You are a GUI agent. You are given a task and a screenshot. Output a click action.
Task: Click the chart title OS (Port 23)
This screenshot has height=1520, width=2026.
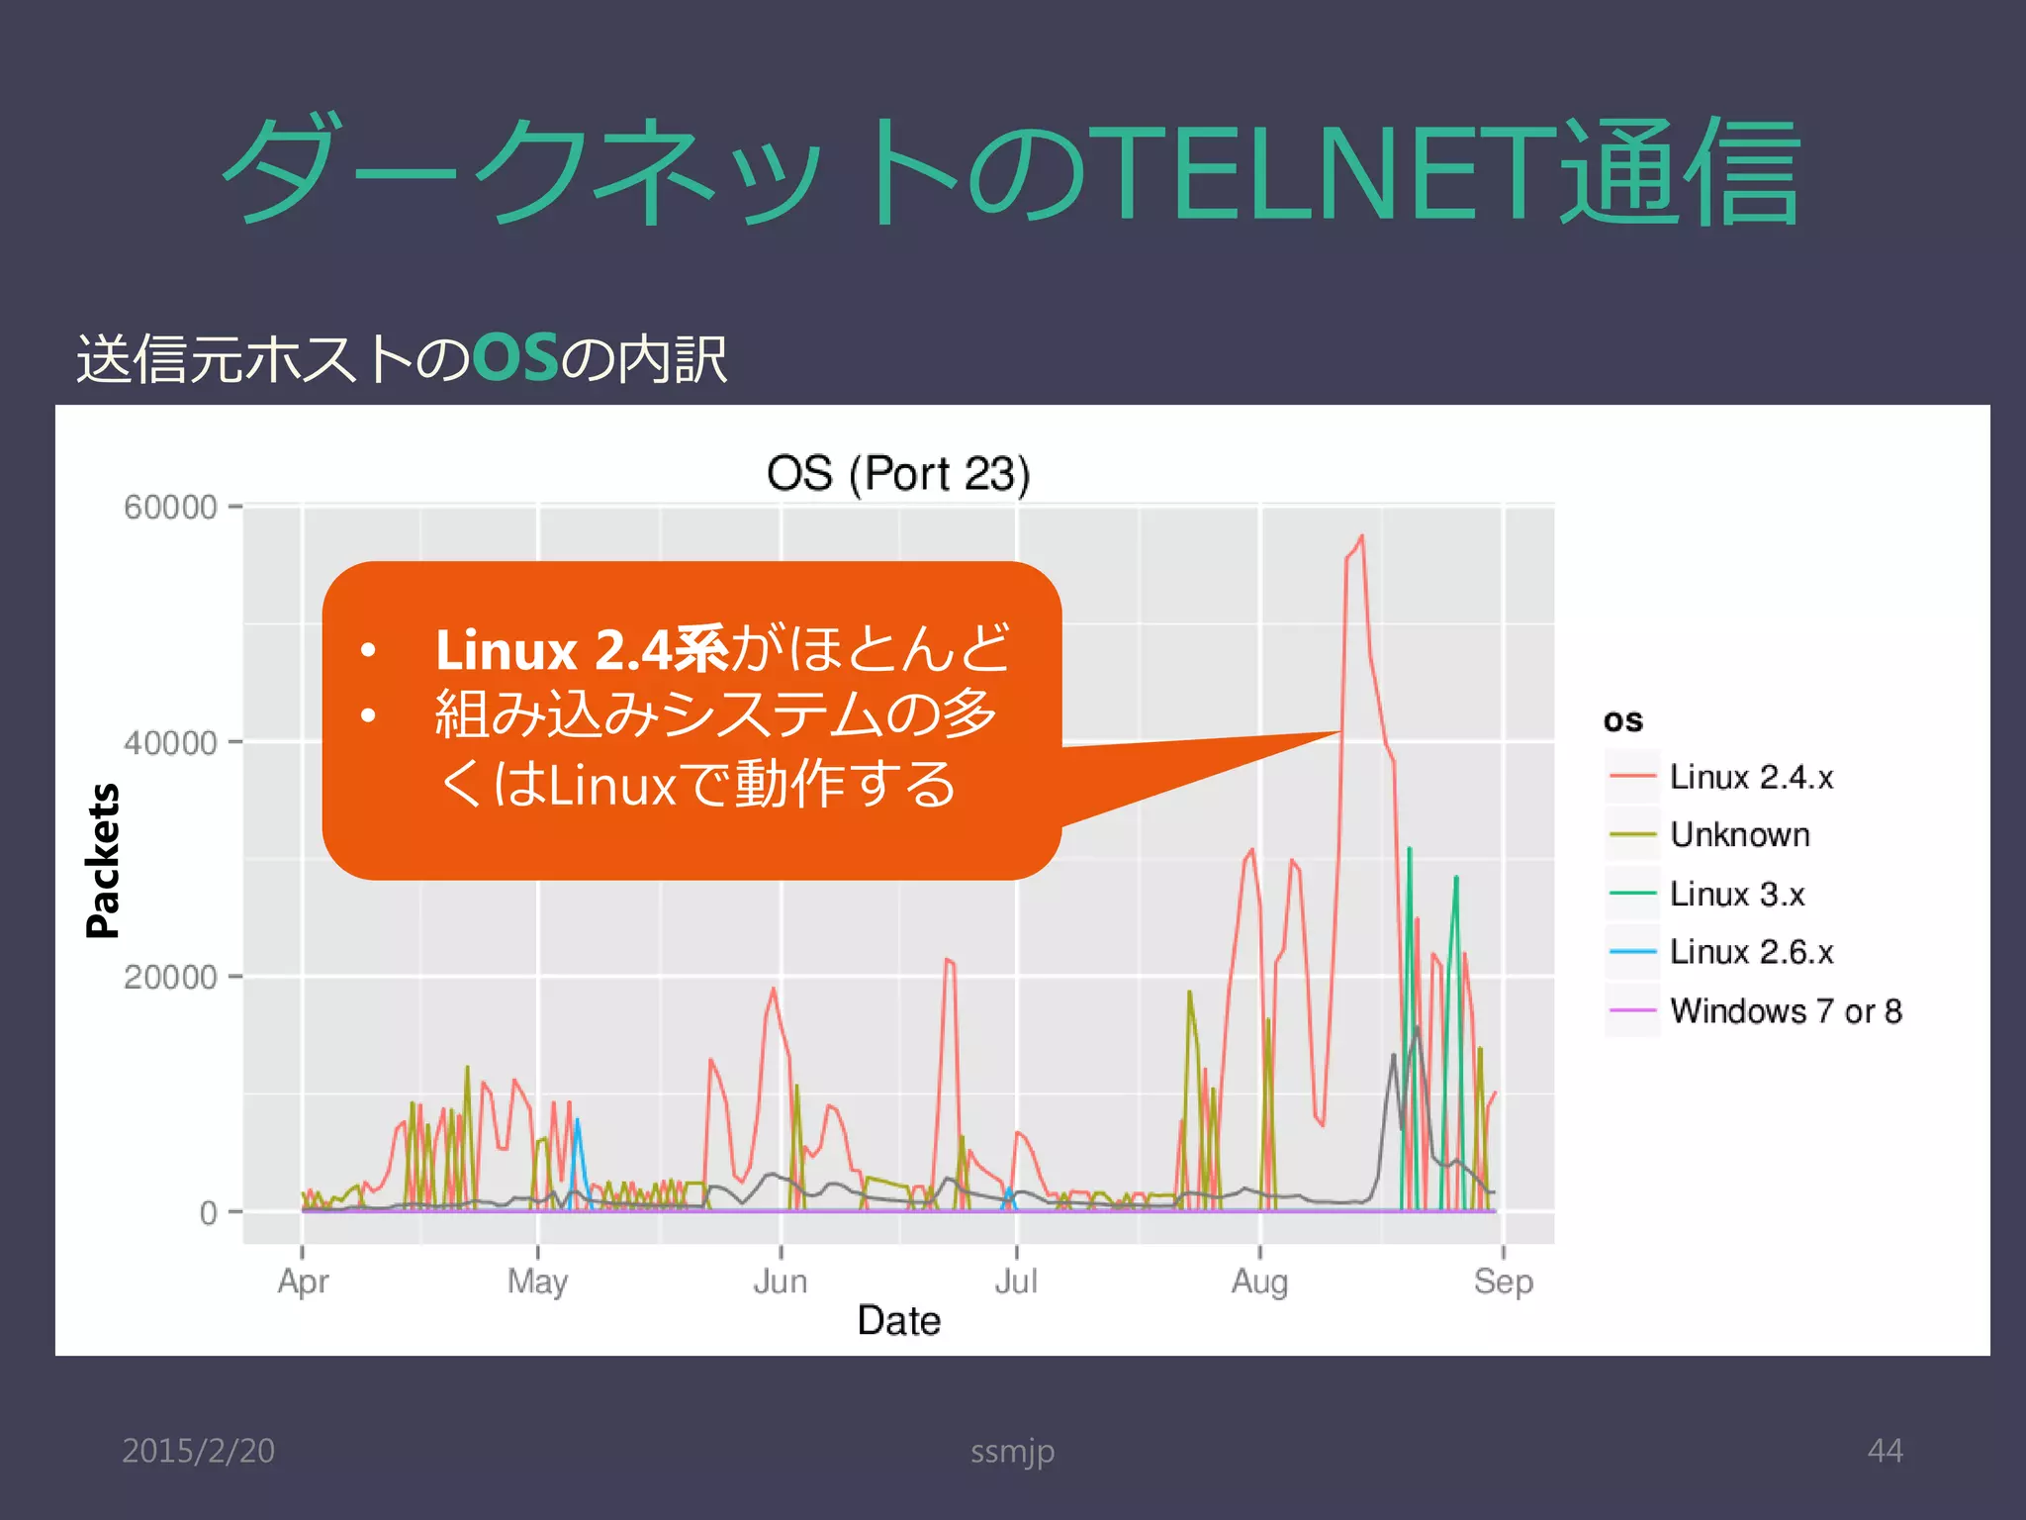(x=898, y=474)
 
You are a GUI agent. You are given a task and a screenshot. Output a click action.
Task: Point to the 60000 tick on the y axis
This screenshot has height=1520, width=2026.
(x=170, y=507)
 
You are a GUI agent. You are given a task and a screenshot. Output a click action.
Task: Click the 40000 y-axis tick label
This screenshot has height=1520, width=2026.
(x=170, y=742)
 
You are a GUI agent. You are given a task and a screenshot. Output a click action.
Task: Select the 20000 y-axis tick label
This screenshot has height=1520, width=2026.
(x=170, y=977)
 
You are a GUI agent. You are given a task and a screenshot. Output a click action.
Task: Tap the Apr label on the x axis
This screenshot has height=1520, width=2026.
(x=303, y=1282)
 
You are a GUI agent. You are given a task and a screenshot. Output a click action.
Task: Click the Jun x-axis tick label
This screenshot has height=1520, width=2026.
(x=781, y=1282)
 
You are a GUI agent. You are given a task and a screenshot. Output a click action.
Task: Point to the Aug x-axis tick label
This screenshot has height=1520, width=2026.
(x=1259, y=1282)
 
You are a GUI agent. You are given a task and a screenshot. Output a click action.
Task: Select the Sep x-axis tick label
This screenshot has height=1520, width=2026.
(x=1503, y=1282)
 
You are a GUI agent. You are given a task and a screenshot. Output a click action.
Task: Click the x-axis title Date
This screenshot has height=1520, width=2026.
(x=898, y=1321)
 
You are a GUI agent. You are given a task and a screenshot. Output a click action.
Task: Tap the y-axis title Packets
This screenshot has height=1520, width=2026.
(x=103, y=860)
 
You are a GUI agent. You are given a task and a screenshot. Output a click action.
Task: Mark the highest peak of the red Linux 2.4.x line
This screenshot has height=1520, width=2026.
(x=1362, y=536)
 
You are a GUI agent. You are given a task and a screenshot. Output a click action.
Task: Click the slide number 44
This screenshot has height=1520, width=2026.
(x=1885, y=1451)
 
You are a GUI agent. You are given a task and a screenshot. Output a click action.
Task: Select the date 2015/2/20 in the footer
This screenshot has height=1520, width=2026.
(x=198, y=1451)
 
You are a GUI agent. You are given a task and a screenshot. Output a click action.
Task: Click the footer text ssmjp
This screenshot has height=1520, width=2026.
(x=1012, y=1452)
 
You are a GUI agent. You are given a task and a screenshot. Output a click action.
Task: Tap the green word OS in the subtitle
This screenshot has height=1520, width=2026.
(x=515, y=358)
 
